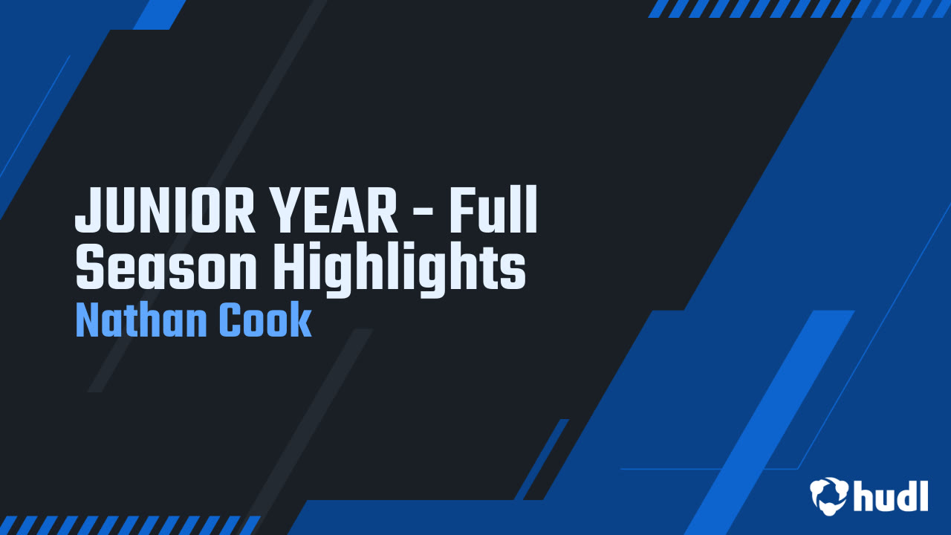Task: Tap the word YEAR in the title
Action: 335,211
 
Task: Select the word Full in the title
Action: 492,211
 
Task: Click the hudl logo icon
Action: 828,496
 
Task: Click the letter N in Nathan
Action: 87,321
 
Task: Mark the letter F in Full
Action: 458,211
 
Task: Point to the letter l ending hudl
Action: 924,494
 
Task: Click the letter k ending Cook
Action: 302,321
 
